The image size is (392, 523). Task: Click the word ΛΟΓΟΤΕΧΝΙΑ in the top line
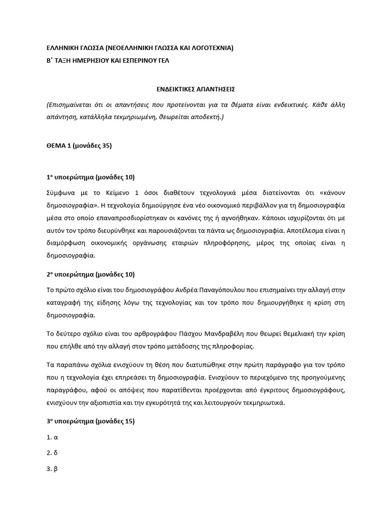pyautogui.click(x=210, y=48)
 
